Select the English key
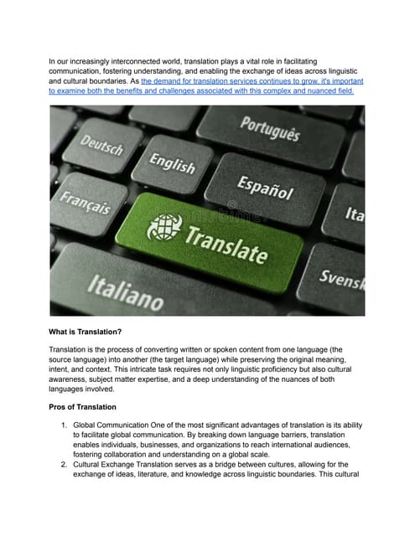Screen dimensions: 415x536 pyautogui.click(x=172, y=163)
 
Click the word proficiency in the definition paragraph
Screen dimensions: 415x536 pyautogui.click(x=324, y=365)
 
